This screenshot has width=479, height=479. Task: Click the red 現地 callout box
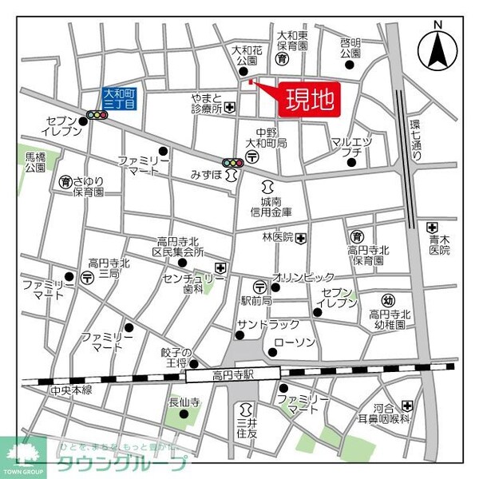[307, 101]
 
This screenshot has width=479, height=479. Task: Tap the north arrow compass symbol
[437, 48]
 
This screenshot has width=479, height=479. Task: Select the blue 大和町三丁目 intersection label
[121, 98]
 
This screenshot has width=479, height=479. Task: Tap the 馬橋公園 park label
[34, 162]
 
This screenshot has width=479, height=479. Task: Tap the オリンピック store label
[303, 277]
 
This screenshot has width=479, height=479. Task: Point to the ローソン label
[295, 343]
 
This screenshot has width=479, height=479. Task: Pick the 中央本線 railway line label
[71, 390]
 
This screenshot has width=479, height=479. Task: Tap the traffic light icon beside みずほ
[233, 163]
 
